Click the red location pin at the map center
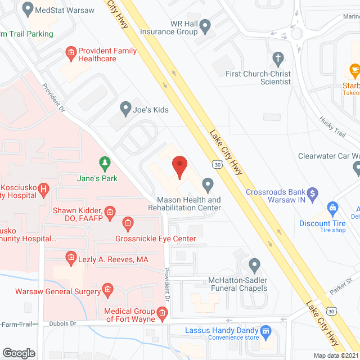tap(179, 166)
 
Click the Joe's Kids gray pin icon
tap(125, 107)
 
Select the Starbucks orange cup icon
tap(354, 70)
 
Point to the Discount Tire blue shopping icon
tap(332, 208)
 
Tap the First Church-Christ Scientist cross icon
tap(277, 57)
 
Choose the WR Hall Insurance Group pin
tap(205, 25)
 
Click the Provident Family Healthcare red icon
tap(71, 53)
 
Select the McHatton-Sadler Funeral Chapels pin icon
tap(254, 264)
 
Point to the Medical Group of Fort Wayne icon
tap(162, 313)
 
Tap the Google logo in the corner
tap(19, 353)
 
